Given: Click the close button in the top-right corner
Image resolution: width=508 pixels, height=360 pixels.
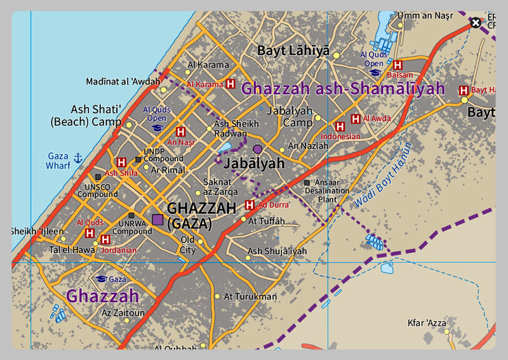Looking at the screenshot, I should pos(476,23).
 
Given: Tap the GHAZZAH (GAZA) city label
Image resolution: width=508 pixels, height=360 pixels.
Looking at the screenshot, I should pos(189,215).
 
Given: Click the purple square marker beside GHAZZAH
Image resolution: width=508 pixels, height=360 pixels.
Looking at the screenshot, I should pos(157,220).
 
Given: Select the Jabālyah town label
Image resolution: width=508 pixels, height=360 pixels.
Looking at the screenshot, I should pos(253,163).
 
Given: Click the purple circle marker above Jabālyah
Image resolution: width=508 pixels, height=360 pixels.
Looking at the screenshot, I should pos(257,149).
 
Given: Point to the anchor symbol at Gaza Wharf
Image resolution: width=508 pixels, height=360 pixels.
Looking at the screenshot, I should pos(79,157).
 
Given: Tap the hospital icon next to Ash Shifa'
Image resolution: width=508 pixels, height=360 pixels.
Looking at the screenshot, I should pos(121,163).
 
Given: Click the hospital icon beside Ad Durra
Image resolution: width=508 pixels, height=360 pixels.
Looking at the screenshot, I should pos(250,204).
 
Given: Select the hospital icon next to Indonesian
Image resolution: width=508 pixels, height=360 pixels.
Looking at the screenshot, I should pos(340,126).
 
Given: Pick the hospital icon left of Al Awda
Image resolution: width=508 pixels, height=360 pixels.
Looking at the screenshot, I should pos(356,119).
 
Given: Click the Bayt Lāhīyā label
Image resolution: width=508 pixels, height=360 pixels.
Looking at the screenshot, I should pos(293,50).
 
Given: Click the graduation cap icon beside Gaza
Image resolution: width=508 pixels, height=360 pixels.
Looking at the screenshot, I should pos(100,279).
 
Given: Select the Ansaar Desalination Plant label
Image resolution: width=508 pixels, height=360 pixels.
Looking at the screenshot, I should pos(327,190).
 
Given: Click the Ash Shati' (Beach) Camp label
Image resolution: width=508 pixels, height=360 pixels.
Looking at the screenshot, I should pos(88,115).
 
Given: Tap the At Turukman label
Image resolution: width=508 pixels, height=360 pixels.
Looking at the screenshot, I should pos(250,297).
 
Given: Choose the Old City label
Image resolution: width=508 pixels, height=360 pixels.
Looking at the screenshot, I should pos(188,244).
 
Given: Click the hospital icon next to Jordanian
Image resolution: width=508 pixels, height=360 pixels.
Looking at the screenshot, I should pos(105,240).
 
